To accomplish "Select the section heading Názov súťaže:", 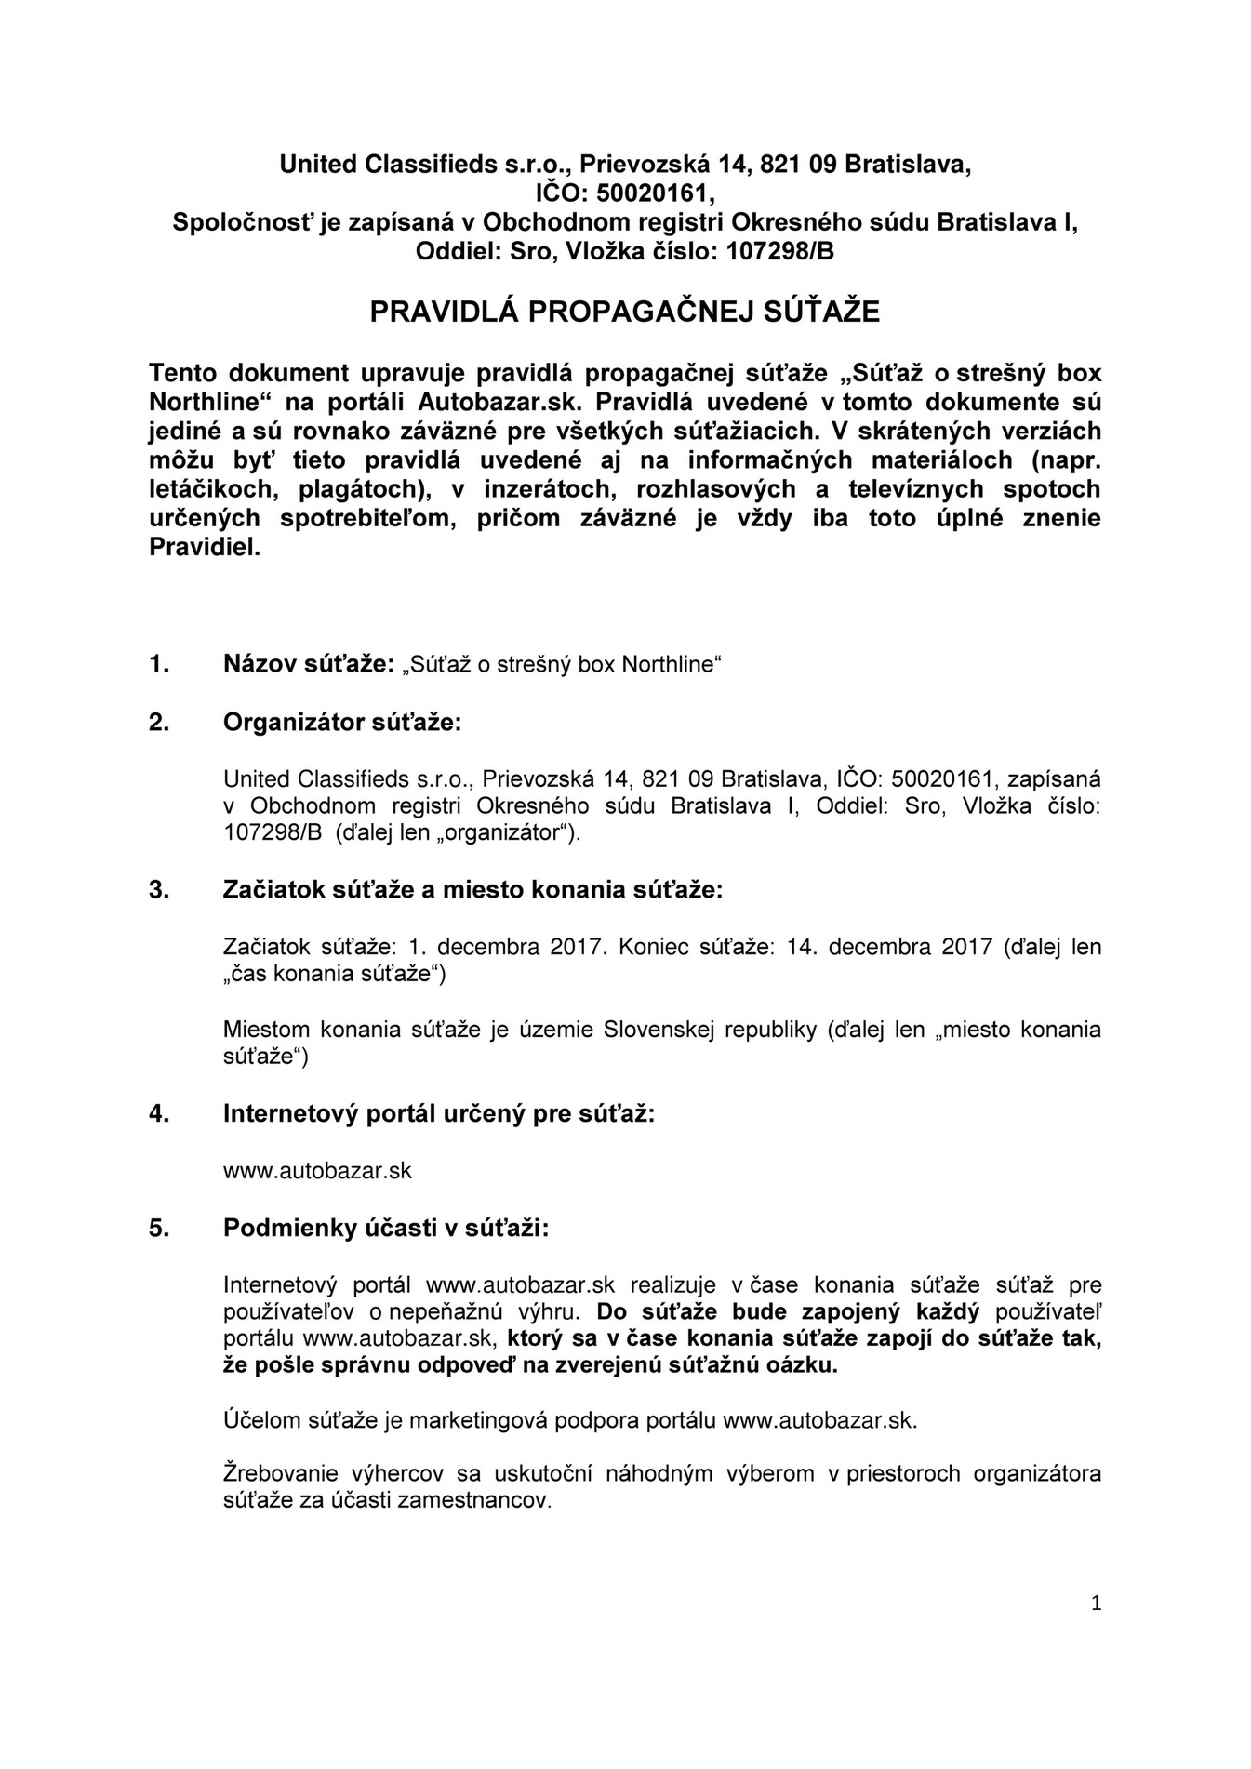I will coord(310,664).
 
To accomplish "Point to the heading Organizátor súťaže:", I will coord(341,723).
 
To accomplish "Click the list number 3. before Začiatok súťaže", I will coord(159,889).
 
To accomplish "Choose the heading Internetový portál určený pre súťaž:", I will coord(439,1113).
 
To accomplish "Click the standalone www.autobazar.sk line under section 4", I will coord(317,1170).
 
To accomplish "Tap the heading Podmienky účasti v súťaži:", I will coord(386,1228).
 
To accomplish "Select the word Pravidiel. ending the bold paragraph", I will coord(205,548).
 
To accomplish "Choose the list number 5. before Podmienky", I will coord(159,1228).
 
